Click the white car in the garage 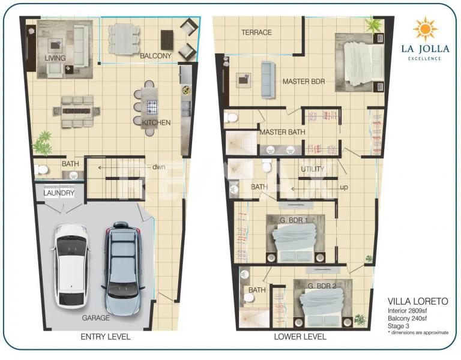click(x=70, y=266)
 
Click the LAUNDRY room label click(x=59, y=193)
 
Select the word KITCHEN click(x=156, y=122)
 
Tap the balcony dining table click(x=124, y=39)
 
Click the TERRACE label click(x=257, y=32)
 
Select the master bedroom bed click(x=360, y=63)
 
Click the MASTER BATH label click(x=282, y=132)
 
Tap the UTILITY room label click(x=312, y=169)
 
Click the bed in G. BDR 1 click(x=295, y=239)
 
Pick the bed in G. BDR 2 click(x=323, y=303)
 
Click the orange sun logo click(x=425, y=29)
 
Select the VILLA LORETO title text click(x=418, y=301)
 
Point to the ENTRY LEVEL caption click(x=106, y=337)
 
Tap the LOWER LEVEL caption click(x=300, y=337)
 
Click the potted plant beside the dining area click(x=43, y=143)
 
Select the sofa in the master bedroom click(x=268, y=80)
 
